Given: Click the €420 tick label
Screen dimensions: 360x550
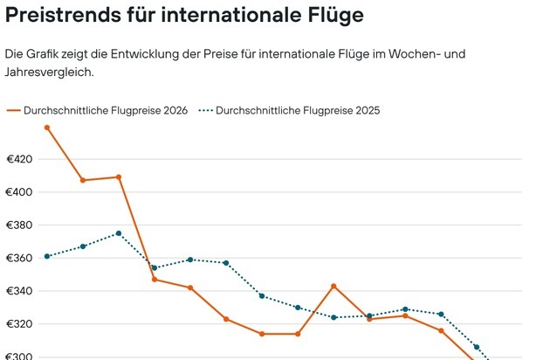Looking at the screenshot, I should tap(19, 159).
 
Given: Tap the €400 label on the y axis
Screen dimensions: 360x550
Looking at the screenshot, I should tap(19, 192).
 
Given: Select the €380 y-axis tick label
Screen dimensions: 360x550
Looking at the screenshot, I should tap(19, 225).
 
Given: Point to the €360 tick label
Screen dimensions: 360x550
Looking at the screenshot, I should tap(19, 258).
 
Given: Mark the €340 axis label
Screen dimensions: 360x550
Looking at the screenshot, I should tap(19, 291).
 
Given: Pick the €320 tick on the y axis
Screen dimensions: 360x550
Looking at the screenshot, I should tap(19, 324).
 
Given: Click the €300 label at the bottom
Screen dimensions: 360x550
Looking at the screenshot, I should tap(19, 357).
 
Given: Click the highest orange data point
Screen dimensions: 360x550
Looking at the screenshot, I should tap(47, 128).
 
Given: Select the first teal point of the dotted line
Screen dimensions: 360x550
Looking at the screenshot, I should tap(47, 256).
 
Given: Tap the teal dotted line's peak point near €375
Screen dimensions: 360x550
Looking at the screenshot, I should tap(119, 233).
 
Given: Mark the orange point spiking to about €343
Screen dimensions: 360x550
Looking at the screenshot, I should tap(333, 286).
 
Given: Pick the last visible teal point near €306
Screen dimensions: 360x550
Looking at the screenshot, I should tap(477, 347).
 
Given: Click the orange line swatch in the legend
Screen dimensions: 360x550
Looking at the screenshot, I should tap(13, 111).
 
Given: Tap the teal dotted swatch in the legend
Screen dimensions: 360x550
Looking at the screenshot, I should tap(205, 111).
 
